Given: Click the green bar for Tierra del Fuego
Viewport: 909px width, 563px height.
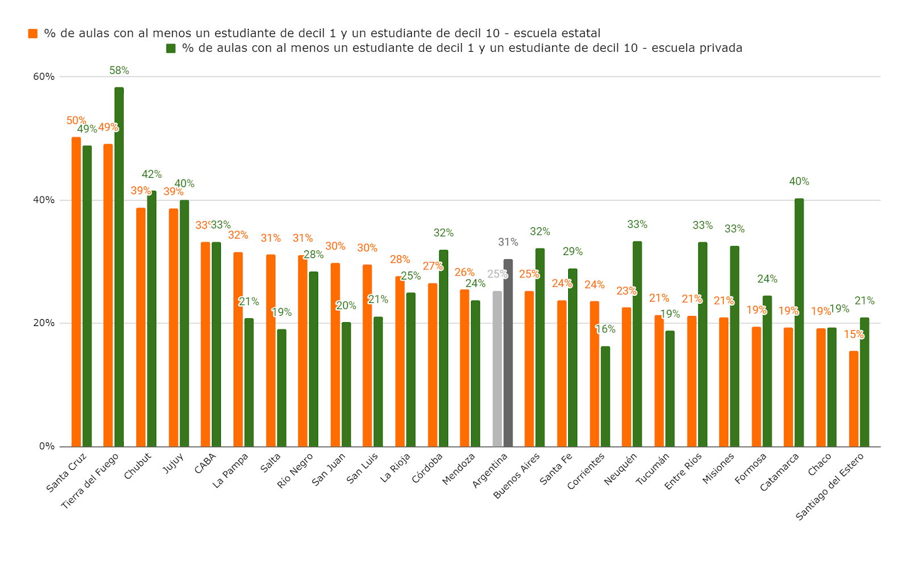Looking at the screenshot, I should (x=119, y=267).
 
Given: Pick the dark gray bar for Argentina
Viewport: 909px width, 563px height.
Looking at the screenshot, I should (x=508, y=353).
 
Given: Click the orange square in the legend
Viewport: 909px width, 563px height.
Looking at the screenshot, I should (x=33, y=34).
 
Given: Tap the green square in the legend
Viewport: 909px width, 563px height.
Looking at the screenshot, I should (x=170, y=48).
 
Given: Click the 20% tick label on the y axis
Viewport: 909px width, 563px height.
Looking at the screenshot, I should (x=44, y=323).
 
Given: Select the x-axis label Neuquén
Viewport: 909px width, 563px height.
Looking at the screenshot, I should (x=620, y=469).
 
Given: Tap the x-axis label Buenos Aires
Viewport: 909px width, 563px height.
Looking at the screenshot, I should (x=516, y=476).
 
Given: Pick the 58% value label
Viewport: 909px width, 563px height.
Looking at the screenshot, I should (x=119, y=70).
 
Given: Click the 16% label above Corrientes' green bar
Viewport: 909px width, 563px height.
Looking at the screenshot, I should (x=605, y=329).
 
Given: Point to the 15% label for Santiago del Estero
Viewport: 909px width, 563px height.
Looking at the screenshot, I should (x=853, y=335).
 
